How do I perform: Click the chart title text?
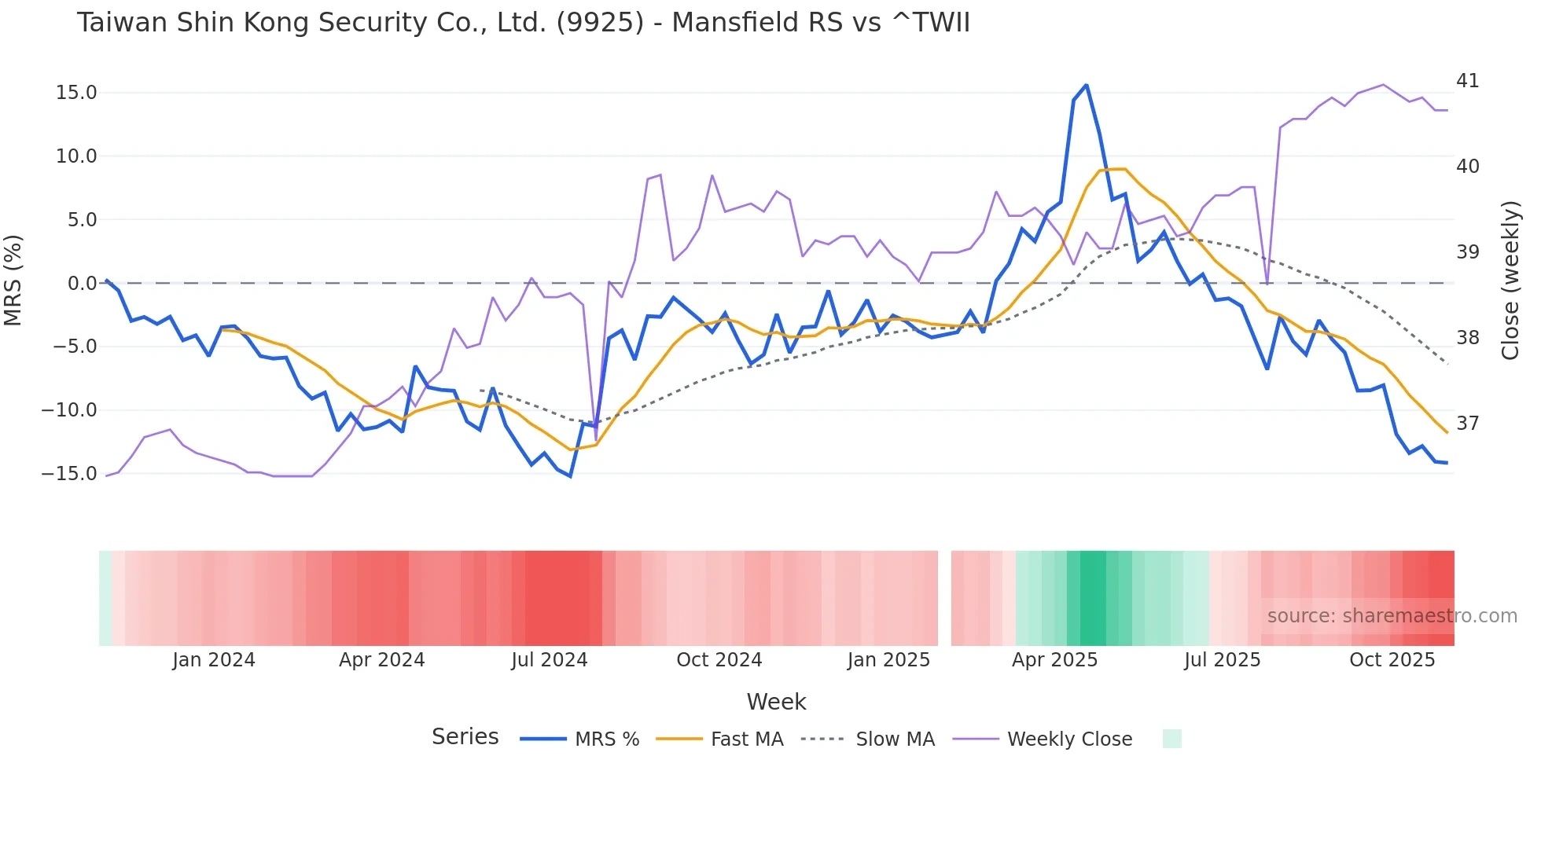(523, 23)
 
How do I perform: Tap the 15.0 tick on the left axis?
(76, 93)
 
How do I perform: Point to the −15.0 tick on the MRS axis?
(69, 474)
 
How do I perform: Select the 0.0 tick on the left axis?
(82, 284)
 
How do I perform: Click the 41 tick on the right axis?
(1467, 81)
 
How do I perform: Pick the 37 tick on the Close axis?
(1467, 424)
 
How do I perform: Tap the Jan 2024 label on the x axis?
(214, 660)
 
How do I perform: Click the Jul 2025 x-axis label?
(1222, 660)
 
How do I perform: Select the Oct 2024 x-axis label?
(719, 660)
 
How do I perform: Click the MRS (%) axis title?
(13, 281)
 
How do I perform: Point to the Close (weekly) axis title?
(1510, 281)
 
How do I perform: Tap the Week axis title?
(776, 702)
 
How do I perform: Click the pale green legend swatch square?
(1171, 739)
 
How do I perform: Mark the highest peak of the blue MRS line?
(1086, 85)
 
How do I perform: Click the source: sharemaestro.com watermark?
(1392, 616)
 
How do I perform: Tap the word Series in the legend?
(465, 737)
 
